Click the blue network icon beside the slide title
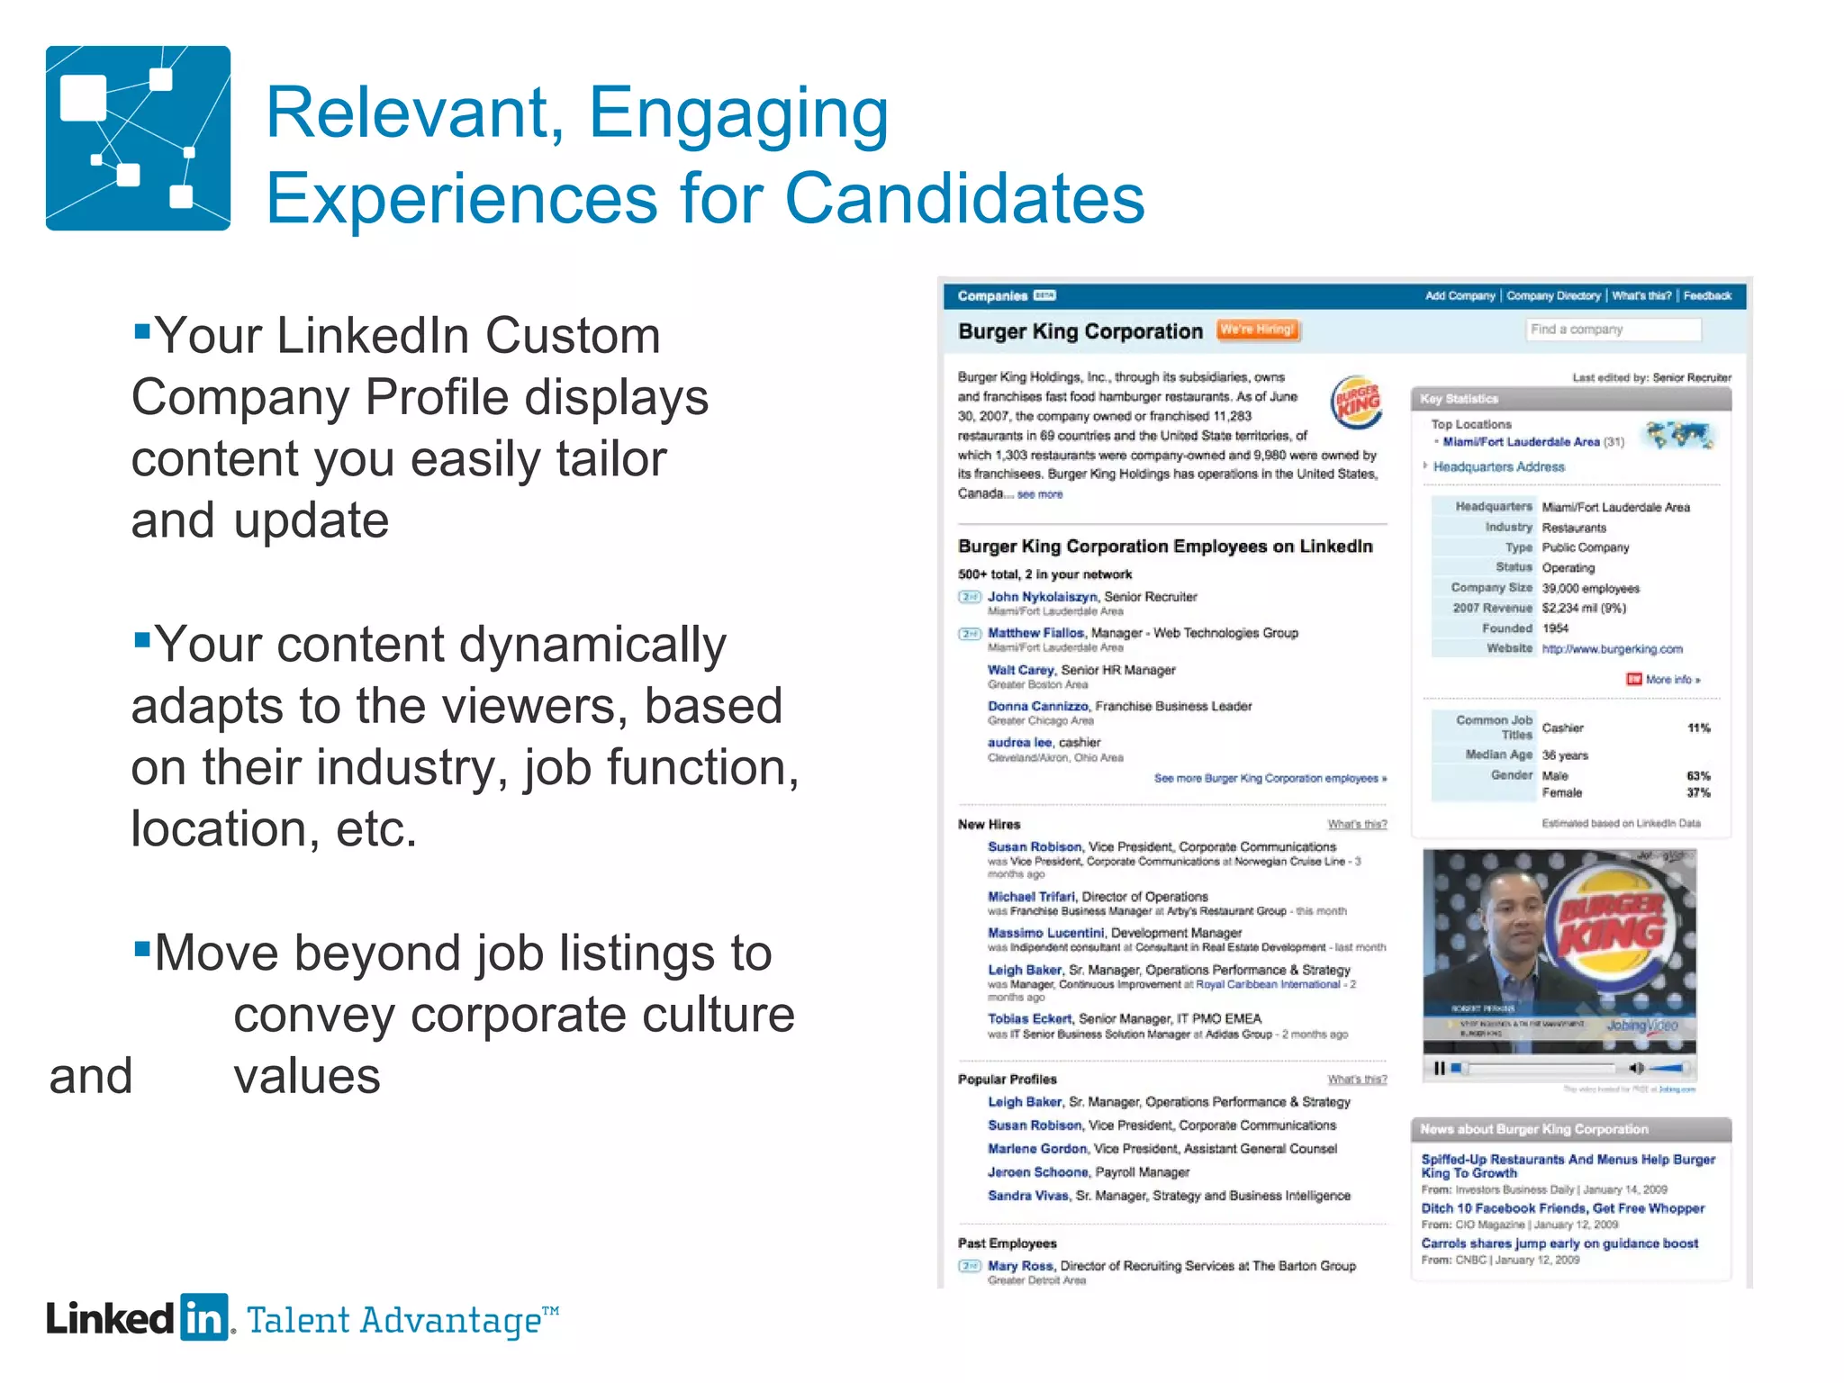tap(138, 138)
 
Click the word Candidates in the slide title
tap(964, 198)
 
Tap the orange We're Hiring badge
tap(1257, 330)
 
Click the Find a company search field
tap(1613, 330)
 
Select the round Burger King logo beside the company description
tap(1356, 402)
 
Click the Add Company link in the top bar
tap(1460, 295)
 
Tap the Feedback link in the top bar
tap(1707, 295)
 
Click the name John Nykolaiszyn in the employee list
tap(1043, 596)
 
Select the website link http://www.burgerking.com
tap(1612, 648)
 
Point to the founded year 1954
tap(1555, 628)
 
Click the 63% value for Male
tap(1698, 775)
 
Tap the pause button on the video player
tap(1439, 1069)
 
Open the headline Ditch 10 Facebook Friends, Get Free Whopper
tap(1562, 1208)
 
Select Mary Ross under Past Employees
tap(1020, 1266)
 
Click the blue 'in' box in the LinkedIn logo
tap(203, 1318)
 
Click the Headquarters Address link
tap(1498, 466)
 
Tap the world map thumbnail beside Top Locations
tap(1677, 436)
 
